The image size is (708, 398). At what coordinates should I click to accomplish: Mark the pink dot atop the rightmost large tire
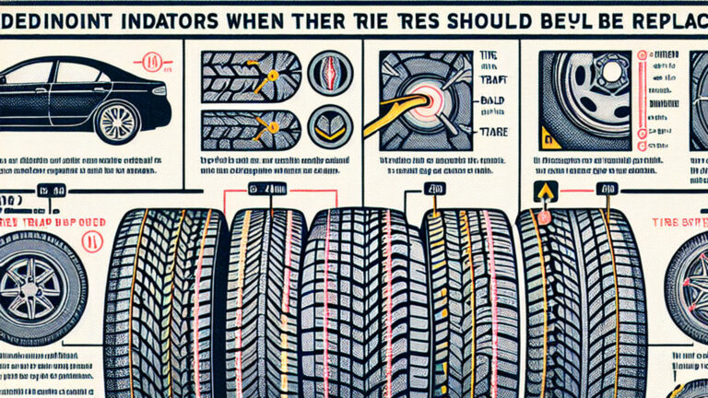click(x=544, y=217)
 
